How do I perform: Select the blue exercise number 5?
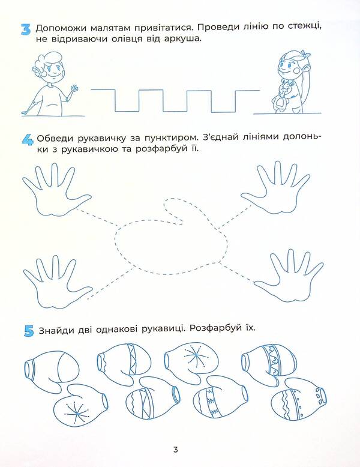click(27, 330)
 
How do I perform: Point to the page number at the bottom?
click(175, 450)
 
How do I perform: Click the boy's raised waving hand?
click(74, 89)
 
